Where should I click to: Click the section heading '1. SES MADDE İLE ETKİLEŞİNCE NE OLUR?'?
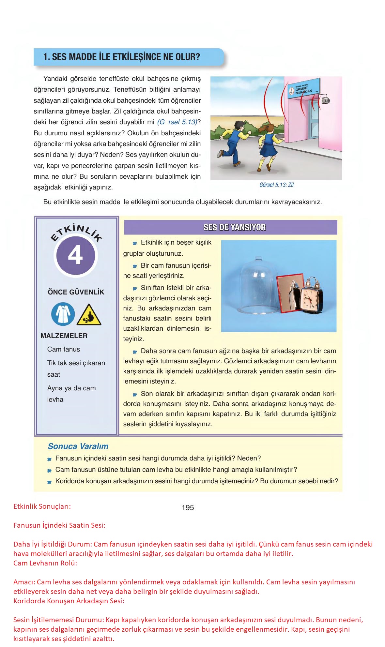[121, 57]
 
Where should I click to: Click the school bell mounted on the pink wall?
[326, 101]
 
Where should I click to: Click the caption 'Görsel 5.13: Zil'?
[276, 185]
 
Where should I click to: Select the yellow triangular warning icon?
[89, 315]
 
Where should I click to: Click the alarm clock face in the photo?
[308, 299]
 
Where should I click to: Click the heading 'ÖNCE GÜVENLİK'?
[76, 292]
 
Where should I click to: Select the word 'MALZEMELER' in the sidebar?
[64, 336]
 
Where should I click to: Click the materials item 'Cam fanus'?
[64, 349]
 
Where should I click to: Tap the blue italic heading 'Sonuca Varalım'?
[78, 446]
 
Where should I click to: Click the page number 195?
[188, 507]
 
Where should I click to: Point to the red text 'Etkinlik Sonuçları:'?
[42, 507]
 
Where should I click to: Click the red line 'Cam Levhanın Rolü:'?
[45, 563]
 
